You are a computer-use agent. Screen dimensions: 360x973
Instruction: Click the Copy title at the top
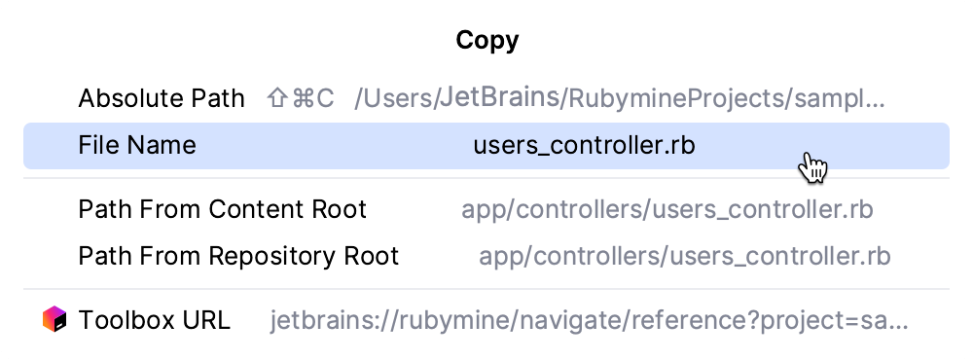(486, 41)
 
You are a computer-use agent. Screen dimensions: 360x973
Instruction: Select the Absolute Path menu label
(162, 98)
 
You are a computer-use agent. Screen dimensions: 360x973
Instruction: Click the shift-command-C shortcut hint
(301, 98)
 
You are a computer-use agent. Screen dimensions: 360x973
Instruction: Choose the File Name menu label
(137, 146)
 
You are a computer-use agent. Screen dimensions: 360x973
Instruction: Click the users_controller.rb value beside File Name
(585, 146)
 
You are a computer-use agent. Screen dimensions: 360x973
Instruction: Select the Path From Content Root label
(223, 209)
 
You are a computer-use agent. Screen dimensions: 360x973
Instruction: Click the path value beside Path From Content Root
(667, 209)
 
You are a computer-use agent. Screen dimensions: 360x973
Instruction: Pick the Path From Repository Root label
(238, 256)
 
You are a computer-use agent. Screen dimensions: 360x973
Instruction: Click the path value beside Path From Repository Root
(685, 256)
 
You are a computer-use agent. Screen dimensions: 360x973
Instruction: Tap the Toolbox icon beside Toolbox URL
(54, 319)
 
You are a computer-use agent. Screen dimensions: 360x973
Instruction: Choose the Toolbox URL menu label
(155, 320)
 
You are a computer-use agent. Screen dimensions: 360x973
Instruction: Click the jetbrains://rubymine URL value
(590, 320)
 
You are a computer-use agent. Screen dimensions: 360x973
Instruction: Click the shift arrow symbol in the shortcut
(276, 98)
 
